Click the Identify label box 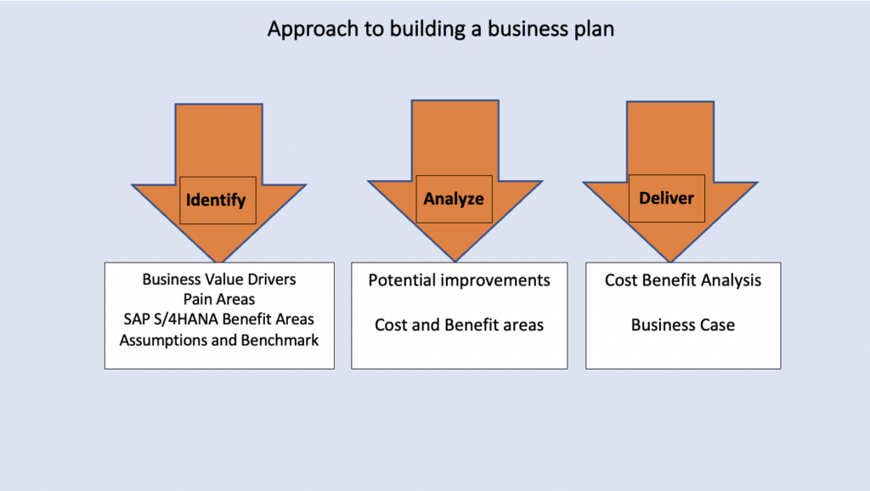(218, 200)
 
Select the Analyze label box (455, 199)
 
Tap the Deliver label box (667, 199)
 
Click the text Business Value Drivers (219, 279)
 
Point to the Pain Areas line (219, 299)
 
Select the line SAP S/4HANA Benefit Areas (219, 319)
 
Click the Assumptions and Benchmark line (219, 340)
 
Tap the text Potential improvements (460, 280)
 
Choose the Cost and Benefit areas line (460, 325)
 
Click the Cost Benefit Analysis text (683, 280)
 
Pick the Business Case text (683, 325)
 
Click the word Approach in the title (313, 30)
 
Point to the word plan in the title (594, 30)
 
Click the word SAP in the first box (135, 319)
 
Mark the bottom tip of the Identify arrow (219, 262)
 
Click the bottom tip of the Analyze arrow (455, 262)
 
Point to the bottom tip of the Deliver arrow (670, 262)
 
